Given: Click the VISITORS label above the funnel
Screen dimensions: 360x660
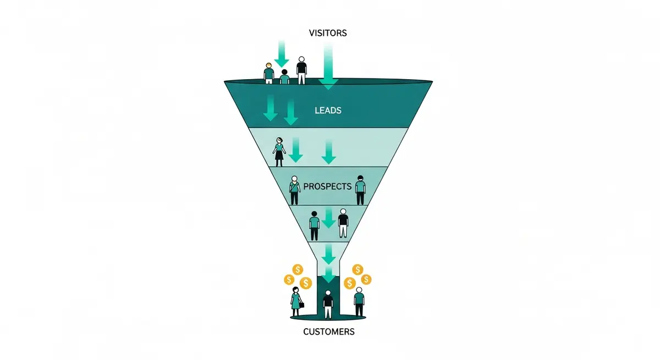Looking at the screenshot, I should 328,33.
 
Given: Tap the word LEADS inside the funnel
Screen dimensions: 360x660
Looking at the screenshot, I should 328,110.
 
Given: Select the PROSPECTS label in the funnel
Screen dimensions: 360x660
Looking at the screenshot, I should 327,186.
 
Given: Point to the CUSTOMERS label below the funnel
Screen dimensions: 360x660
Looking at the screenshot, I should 328,332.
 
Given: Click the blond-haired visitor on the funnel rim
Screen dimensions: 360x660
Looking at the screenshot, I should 268,73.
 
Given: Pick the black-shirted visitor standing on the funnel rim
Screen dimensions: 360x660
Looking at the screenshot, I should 301,70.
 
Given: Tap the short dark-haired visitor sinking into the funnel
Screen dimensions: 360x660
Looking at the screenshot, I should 284,77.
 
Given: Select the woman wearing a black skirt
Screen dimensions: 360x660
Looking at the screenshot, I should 279,152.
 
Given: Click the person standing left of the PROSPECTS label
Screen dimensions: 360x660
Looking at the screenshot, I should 294,190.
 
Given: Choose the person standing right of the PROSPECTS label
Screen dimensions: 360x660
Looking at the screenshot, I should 360,190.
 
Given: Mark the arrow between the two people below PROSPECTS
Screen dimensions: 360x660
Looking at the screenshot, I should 328,219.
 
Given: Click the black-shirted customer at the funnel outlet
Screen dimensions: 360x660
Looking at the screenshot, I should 328,304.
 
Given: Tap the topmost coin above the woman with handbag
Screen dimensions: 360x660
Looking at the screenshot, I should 298,269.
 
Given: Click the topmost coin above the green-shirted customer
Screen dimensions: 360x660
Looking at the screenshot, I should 359,269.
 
